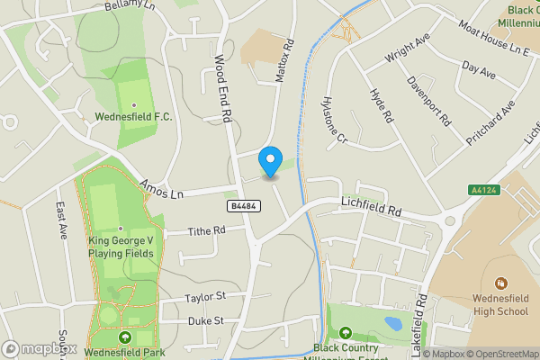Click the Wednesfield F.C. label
pyautogui.click(x=133, y=116)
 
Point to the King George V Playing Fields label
pyautogui.click(x=121, y=247)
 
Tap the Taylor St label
pyautogui.click(x=203, y=296)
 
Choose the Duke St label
pyautogui.click(x=205, y=320)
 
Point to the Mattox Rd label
pyautogui.click(x=284, y=61)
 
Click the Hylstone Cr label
pyautogui.click(x=334, y=120)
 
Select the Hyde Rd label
pyautogui.click(x=382, y=106)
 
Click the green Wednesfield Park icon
pyautogui.click(x=124, y=337)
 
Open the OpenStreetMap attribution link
pyautogui.click(x=499, y=354)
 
